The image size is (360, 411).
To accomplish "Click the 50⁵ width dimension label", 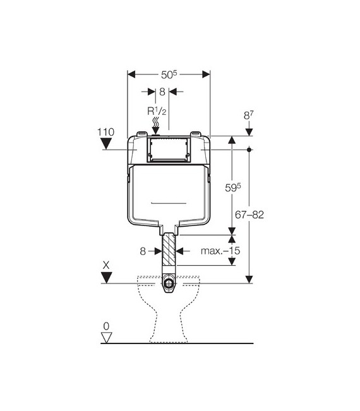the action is point(169,74).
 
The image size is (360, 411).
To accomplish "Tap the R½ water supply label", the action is point(157,111).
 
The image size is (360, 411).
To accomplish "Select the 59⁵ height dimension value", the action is point(233,188).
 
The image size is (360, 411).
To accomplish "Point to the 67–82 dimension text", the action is point(249,215).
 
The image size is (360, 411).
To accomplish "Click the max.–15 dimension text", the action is point(220,251).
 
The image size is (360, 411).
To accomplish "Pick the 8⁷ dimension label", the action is point(249,115).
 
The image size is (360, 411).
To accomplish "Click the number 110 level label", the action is point(106,132).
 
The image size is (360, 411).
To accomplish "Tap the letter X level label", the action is point(106,266).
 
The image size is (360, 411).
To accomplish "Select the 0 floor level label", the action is point(106,326).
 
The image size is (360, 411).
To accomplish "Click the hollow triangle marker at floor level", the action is point(107,338).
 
